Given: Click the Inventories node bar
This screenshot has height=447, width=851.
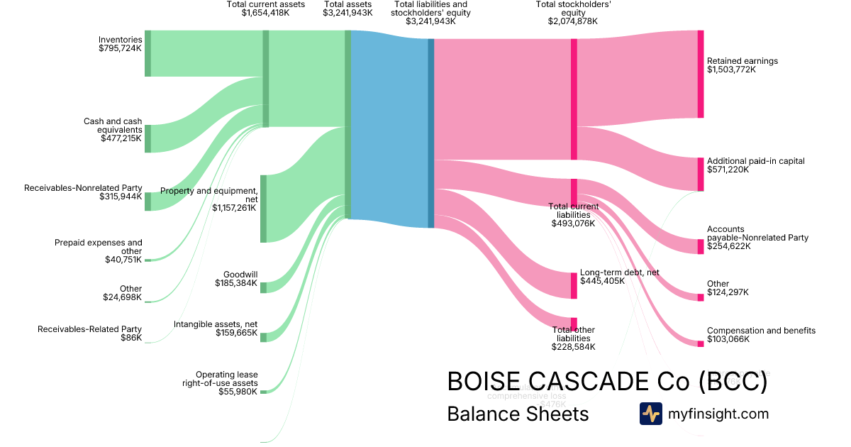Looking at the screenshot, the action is tap(148, 53).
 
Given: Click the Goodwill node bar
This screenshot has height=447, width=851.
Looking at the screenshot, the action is tap(263, 287).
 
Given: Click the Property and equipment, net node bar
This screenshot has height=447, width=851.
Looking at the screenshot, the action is tap(263, 209).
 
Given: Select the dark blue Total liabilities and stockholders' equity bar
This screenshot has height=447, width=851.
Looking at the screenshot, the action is tap(430, 133).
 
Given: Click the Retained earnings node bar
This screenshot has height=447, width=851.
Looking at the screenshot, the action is tap(701, 74).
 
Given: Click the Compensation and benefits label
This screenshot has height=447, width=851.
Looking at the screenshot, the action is tap(761, 331).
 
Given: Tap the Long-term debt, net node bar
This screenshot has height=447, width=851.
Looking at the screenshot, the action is tap(574, 285).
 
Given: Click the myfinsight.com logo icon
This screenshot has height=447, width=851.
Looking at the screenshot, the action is tap(650, 414).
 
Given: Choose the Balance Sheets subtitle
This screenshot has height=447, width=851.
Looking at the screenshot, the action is tap(518, 414).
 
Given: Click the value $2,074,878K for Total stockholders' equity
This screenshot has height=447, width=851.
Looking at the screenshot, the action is tap(572, 21).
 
